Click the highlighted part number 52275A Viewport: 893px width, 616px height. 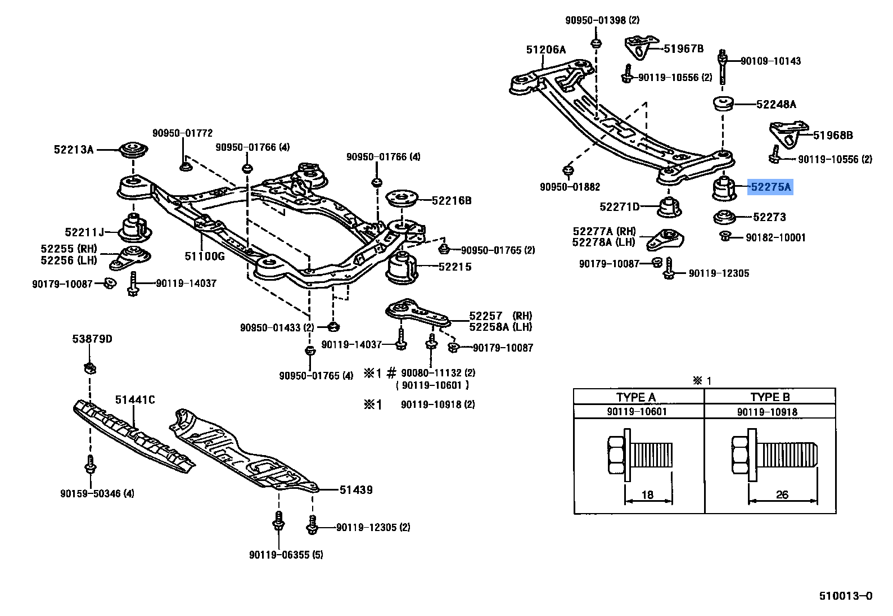pos(770,187)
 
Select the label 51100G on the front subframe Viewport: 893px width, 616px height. pos(205,257)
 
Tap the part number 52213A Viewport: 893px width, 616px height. pos(74,150)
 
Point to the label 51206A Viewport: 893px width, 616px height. pos(546,50)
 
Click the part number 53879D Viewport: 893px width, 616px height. pos(92,339)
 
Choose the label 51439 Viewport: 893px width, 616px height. pos(356,490)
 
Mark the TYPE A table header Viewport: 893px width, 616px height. pos(636,397)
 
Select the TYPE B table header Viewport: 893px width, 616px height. pos(770,397)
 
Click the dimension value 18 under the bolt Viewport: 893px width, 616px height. pos(647,494)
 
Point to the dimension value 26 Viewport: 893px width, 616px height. pos(782,494)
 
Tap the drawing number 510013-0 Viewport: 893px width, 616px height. pos(845,596)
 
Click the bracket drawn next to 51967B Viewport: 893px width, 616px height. pos(641,47)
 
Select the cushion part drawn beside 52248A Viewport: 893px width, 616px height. pos(723,104)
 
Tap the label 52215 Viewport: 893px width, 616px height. pos(455,267)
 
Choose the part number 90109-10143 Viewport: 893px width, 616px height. pos(770,61)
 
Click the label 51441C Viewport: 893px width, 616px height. pos(135,400)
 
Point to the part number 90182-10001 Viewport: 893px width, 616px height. pos(775,238)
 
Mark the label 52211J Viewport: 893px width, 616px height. pos(85,232)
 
